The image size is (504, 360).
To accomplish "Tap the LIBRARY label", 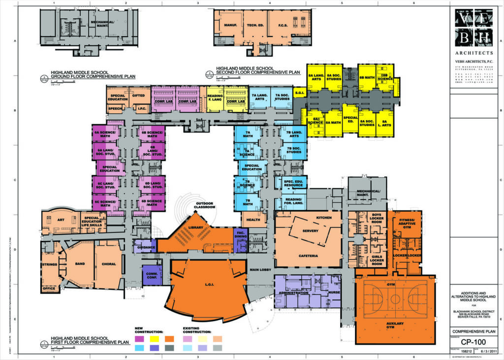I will point(195,228).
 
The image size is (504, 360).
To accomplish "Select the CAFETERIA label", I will point(308,256).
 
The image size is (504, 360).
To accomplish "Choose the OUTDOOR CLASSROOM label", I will point(205,205).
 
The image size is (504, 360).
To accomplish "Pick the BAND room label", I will point(79,264).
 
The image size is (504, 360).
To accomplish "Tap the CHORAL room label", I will point(109,264).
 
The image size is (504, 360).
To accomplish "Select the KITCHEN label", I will point(324,217).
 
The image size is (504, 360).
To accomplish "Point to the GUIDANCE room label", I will point(146,247).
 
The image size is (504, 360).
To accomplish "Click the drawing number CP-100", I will point(473,341).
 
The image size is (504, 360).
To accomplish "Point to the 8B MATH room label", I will point(367,78).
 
